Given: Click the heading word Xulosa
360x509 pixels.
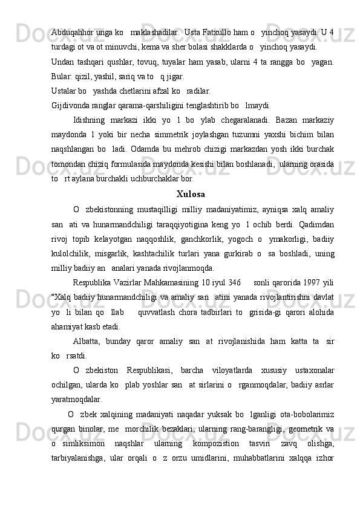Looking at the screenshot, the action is (190, 194).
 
